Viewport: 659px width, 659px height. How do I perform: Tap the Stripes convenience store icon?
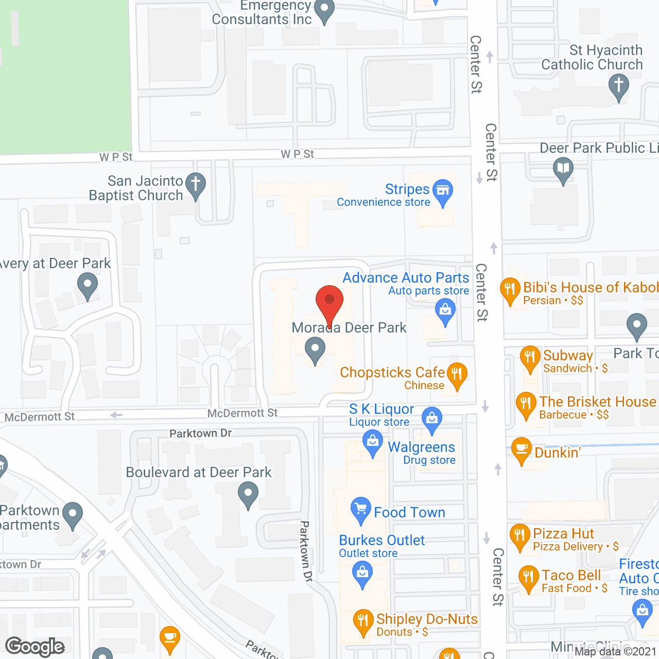pos(443,191)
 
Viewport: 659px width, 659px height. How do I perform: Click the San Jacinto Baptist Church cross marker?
pos(196,184)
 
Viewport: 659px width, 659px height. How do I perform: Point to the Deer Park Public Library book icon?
pos(563,168)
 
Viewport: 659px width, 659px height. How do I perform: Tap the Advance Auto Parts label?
pos(406,278)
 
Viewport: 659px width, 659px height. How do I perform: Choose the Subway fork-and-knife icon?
pos(530,357)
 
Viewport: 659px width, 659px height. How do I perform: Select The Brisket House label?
pos(597,402)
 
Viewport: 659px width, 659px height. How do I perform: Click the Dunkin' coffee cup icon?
pos(522,449)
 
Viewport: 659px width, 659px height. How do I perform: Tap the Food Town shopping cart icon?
pos(361,509)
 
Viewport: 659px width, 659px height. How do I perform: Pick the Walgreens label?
pos(421,447)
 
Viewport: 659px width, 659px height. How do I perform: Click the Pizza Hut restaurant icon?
pos(519,535)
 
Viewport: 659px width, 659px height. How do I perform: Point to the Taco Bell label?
pos(571,575)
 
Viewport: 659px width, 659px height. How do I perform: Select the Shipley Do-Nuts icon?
pos(363,621)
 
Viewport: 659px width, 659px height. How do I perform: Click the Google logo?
pos(35,647)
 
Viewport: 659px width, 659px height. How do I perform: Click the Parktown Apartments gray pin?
pos(73,514)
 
